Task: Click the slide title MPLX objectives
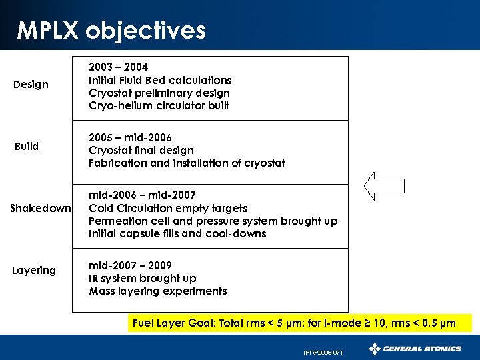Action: point(111,30)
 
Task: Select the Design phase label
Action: point(31,85)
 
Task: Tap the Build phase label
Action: point(27,146)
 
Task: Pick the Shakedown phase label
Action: point(41,208)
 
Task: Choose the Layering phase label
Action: point(34,270)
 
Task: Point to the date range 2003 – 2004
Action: point(119,67)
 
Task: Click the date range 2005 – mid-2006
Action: point(131,137)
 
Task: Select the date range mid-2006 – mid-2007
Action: point(143,195)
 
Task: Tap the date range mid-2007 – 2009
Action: point(130,265)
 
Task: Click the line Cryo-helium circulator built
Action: point(159,106)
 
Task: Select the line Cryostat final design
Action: point(141,151)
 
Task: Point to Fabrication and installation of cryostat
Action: point(187,163)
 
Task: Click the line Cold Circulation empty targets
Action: point(168,208)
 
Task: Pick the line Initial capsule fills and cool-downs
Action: point(177,234)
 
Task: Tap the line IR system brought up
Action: point(143,278)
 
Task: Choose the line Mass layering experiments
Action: point(158,291)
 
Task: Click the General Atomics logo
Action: point(415,349)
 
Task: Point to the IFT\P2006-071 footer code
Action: point(323,352)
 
